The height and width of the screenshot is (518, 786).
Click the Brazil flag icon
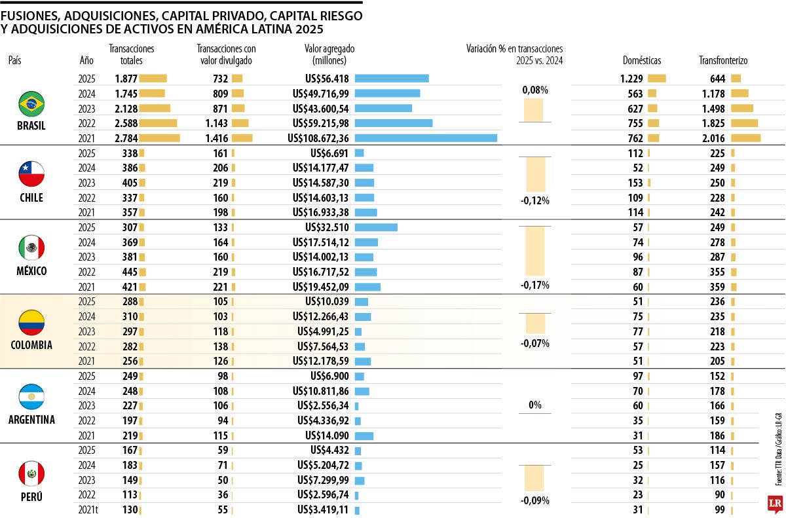(x=31, y=103)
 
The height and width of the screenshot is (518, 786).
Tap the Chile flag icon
(x=31, y=174)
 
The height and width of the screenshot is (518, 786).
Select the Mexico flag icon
(x=31, y=248)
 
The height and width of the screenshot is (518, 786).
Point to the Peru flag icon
(x=31, y=473)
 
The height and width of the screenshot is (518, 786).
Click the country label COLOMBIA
(x=31, y=345)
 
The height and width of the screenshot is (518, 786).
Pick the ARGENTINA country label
(x=31, y=420)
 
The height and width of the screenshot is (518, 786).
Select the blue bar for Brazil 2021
(x=426, y=138)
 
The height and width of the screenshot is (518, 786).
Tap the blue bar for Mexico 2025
(x=376, y=227)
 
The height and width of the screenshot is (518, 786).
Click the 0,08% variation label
(x=535, y=90)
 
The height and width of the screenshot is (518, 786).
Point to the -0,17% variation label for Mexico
(x=535, y=285)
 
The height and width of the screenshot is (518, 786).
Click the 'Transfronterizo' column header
(x=723, y=60)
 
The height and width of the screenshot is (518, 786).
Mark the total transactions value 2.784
(x=124, y=138)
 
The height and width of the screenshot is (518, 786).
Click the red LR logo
(x=776, y=503)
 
